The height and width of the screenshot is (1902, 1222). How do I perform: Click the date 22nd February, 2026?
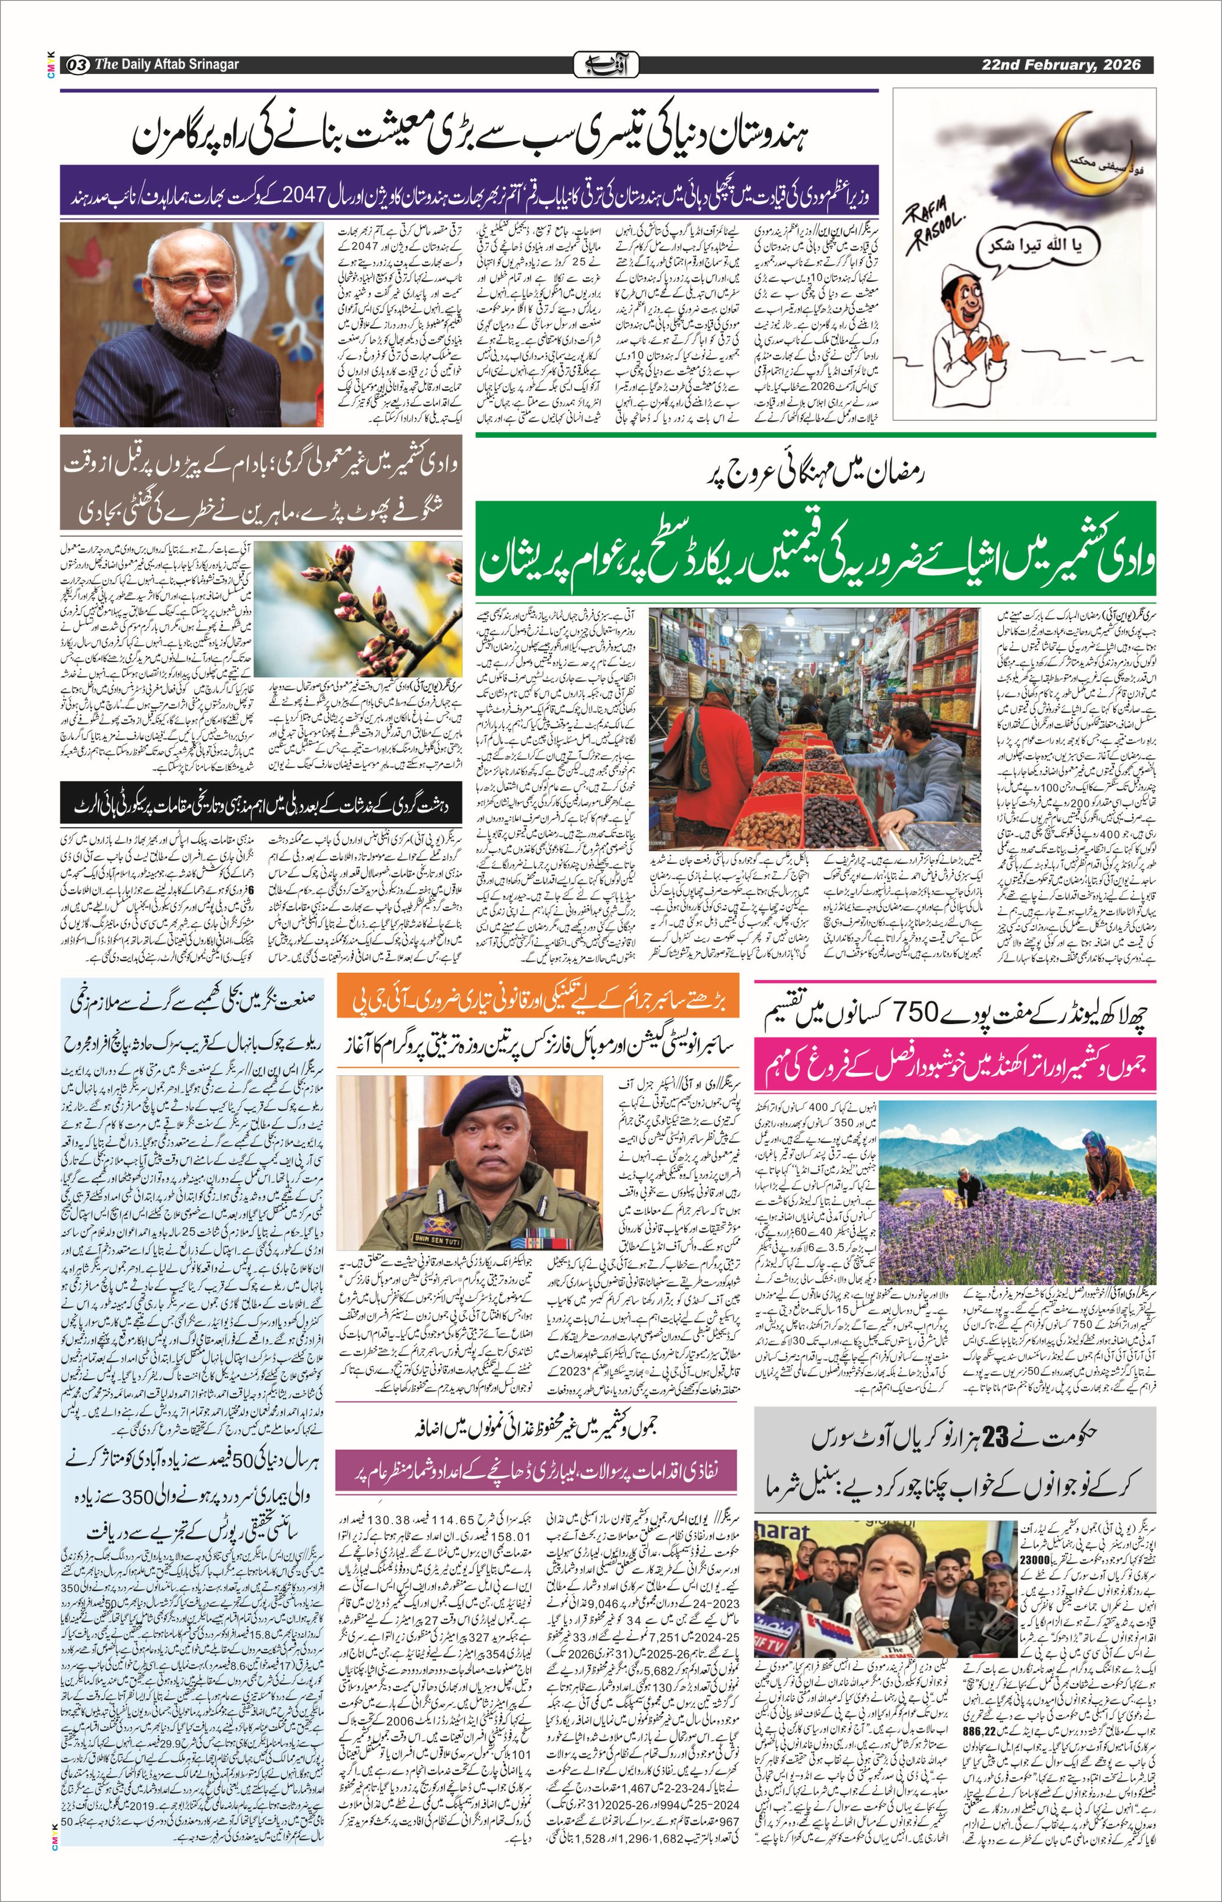[1060, 64]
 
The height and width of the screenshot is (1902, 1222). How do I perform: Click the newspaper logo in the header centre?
[605, 64]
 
